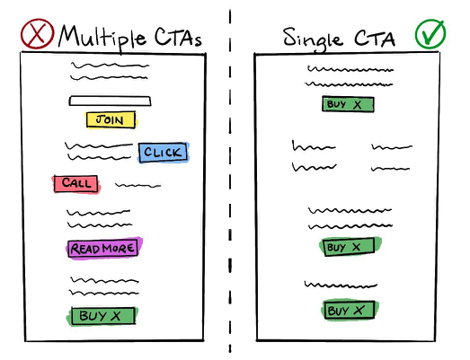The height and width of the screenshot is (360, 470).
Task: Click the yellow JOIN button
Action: pos(111,119)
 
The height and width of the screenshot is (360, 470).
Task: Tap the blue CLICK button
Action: pos(163,152)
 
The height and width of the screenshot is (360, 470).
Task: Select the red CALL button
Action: pos(76,183)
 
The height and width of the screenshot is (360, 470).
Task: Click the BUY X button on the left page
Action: pos(102,316)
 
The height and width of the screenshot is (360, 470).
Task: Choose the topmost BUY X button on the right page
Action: pos(348,104)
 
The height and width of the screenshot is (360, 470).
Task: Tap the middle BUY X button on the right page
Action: pos(350,247)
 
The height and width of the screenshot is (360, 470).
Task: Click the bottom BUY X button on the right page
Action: pos(350,310)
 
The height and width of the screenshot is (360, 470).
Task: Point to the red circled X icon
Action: pos(37,33)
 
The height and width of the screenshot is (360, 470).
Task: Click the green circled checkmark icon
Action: pos(430,33)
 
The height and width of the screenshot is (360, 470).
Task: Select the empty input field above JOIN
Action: pos(110,101)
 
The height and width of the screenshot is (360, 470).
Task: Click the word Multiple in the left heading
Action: pos(102,38)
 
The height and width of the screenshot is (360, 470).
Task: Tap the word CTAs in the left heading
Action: pos(178,37)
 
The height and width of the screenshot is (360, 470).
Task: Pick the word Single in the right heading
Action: pos(313,40)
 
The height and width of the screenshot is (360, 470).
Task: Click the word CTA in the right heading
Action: pos(375,39)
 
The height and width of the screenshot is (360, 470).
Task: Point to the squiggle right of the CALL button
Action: pos(137,186)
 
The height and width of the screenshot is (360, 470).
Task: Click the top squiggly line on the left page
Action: pos(110,65)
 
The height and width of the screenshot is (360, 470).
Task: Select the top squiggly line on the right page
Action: pos(350,69)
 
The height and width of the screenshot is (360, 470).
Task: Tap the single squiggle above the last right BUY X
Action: pos(341,285)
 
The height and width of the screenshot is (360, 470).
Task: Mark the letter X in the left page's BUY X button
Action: pos(115,316)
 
